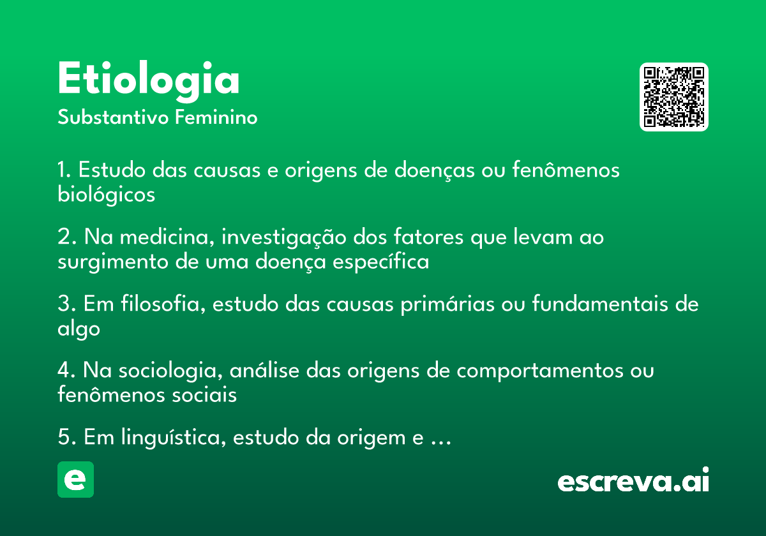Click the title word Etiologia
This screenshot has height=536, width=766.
[x=148, y=80]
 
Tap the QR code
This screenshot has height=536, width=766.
[x=674, y=97]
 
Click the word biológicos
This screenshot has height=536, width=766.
[x=106, y=195]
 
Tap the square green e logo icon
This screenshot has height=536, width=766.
[x=75, y=479]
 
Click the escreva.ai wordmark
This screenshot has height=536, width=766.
[x=633, y=481]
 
